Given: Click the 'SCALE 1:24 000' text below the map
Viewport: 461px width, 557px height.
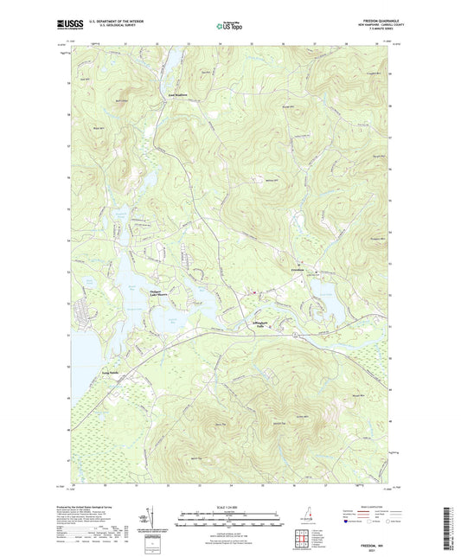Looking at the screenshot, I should pos(229,506).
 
